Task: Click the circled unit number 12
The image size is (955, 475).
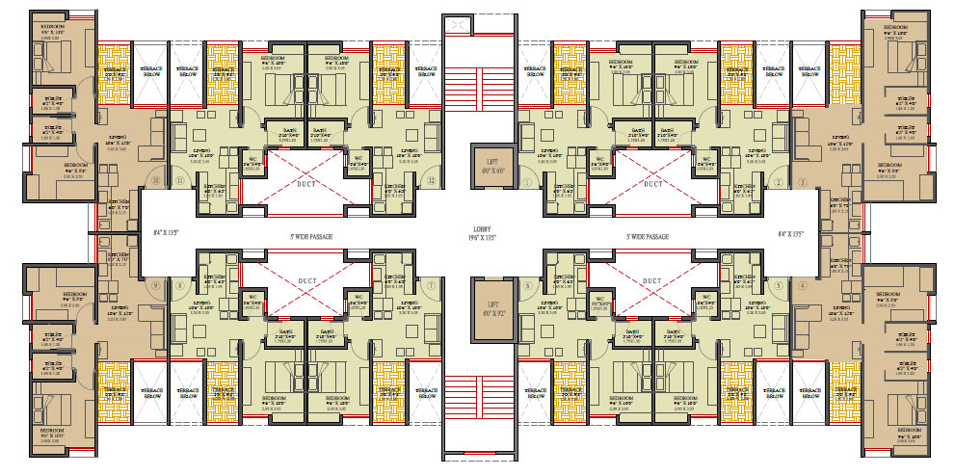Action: [432, 180]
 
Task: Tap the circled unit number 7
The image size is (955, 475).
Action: [432, 285]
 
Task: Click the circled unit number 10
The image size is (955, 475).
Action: [154, 180]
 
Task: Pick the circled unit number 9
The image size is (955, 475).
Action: [154, 285]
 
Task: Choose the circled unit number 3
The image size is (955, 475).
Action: [802, 181]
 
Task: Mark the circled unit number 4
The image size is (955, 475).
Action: [802, 285]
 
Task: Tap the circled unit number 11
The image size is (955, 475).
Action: [180, 180]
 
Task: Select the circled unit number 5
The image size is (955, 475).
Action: [777, 285]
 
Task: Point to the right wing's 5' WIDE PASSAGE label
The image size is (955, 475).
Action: [647, 236]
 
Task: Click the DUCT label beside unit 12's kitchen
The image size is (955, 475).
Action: [306, 183]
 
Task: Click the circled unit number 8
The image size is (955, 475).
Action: [179, 285]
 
